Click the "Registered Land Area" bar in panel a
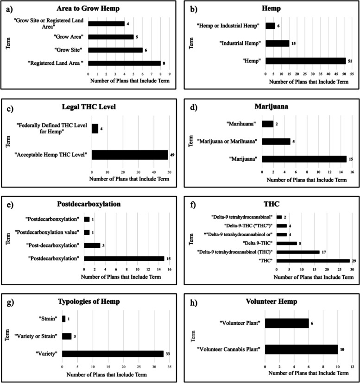tap(125, 63)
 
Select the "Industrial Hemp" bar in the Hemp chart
tap(277, 43)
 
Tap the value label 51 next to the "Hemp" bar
tap(350, 61)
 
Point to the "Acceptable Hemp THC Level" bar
tap(130, 154)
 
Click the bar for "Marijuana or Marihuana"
tap(276, 141)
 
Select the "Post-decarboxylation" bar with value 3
tap(92, 245)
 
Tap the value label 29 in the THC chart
tap(354, 261)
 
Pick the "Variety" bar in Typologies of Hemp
tap(113, 354)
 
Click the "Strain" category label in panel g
tap(48, 319)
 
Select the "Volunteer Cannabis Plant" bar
tap(301, 349)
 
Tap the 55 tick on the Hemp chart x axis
tap(352, 73)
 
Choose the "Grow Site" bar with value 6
tap(115, 50)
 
